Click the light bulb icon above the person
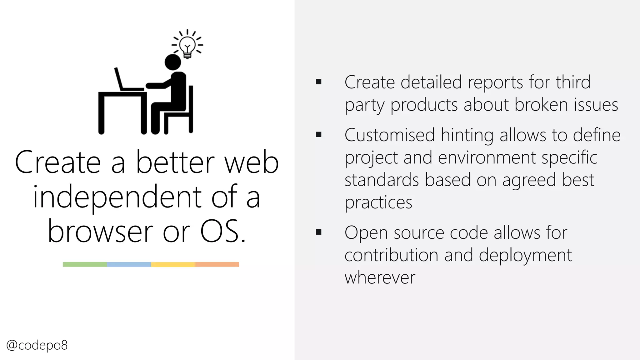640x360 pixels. coord(187,46)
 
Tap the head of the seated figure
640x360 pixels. coord(173,62)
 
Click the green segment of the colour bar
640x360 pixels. coord(85,264)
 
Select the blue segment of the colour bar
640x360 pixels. coord(129,264)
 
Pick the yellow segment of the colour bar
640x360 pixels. coord(173,264)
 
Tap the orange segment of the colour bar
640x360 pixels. coord(217,264)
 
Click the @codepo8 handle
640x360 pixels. coord(37,345)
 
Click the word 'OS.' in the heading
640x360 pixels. coord(222,231)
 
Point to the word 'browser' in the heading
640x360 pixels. coord(100,232)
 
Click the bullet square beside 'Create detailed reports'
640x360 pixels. coord(318,82)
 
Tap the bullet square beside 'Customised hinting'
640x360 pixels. coord(318,135)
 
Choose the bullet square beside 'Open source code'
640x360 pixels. coord(318,232)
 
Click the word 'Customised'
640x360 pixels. coord(389,135)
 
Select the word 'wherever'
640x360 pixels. coord(380,277)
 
